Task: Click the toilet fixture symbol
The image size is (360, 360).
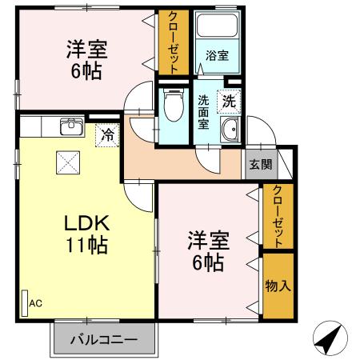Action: [x=171, y=105]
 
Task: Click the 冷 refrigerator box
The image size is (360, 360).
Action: [x=107, y=134]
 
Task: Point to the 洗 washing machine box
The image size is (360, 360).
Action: [x=229, y=102]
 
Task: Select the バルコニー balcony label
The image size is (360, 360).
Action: [x=102, y=338]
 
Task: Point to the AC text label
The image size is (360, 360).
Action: [x=35, y=302]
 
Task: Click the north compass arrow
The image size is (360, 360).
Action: [x=329, y=338]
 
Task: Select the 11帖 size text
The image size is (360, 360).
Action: [x=78, y=245]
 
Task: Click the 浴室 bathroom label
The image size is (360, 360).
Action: [x=217, y=56]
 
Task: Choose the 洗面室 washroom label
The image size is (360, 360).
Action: [x=203, y=113]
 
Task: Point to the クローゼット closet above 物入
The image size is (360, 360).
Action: [x=277, y=215]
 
